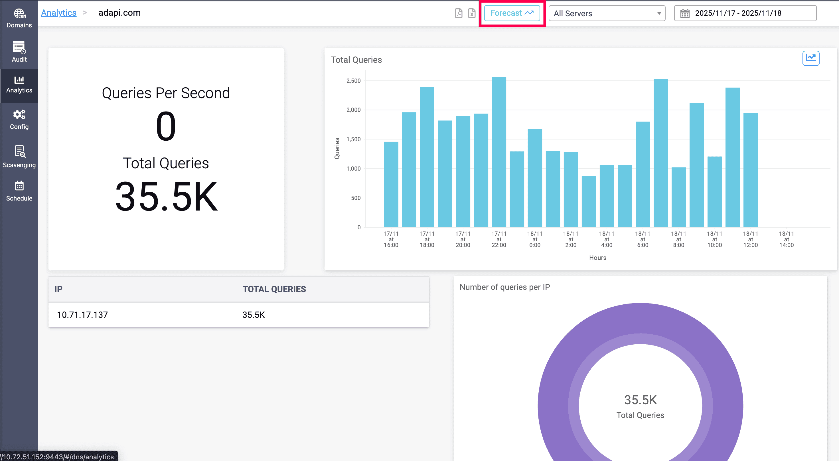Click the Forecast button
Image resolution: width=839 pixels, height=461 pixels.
click(x=512, y=13)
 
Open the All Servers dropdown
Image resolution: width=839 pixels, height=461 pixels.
click(x=607, y=13)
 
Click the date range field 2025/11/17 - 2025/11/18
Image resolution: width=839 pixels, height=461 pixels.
click(x=745, y=13)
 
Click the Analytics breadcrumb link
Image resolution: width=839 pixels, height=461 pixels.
click(x=59, y=13)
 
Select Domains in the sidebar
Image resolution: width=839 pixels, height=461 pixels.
click(x=19, y=18)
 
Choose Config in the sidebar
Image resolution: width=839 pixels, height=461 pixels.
click(x=19, y=120)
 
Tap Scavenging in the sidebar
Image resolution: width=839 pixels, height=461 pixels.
click(x=19, y=156)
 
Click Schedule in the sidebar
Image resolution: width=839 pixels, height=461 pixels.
click(x=19, y=191)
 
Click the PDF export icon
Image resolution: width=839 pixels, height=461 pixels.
click(x=459, y=13)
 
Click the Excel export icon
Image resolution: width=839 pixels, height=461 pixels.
click(x=472, y=13)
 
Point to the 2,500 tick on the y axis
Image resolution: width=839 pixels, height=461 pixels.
click(x=353, y=81)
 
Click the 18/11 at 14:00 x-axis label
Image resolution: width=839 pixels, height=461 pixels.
click(x=786, y=239)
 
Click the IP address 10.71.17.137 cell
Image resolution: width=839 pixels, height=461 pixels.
click(x=82, y=315)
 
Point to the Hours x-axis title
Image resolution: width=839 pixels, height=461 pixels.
click(x=597, y=258)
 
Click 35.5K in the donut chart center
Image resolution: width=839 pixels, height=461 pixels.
click(x=640, y=400)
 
